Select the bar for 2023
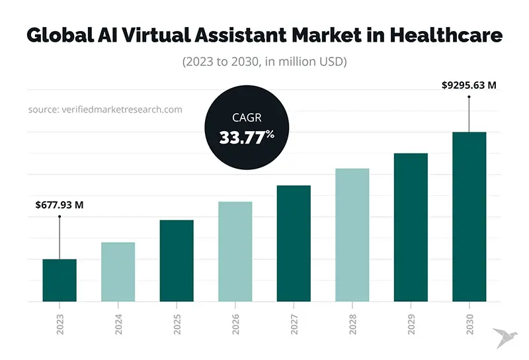pos(60,280)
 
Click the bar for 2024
pos(118,271)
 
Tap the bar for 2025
pos(177,260)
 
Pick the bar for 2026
pos(235,251)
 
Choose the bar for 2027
pos(294,243)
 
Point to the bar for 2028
pos(352,234)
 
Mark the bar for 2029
pos(411,227)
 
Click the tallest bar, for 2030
pos(469,216)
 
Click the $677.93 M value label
pos(60,205)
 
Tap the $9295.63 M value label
pos(469,85)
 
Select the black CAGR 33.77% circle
pos(247,128)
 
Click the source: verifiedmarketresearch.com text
pos(104,109)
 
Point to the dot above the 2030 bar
pos(469,97)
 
